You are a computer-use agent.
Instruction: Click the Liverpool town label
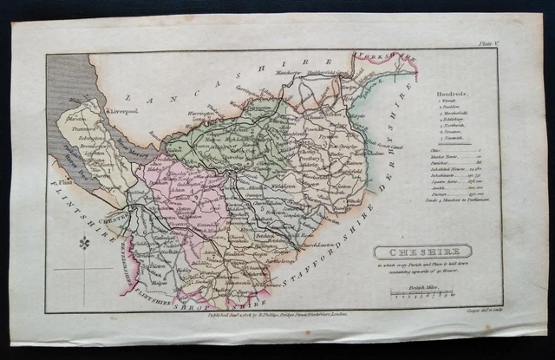[x=121, y=111]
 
